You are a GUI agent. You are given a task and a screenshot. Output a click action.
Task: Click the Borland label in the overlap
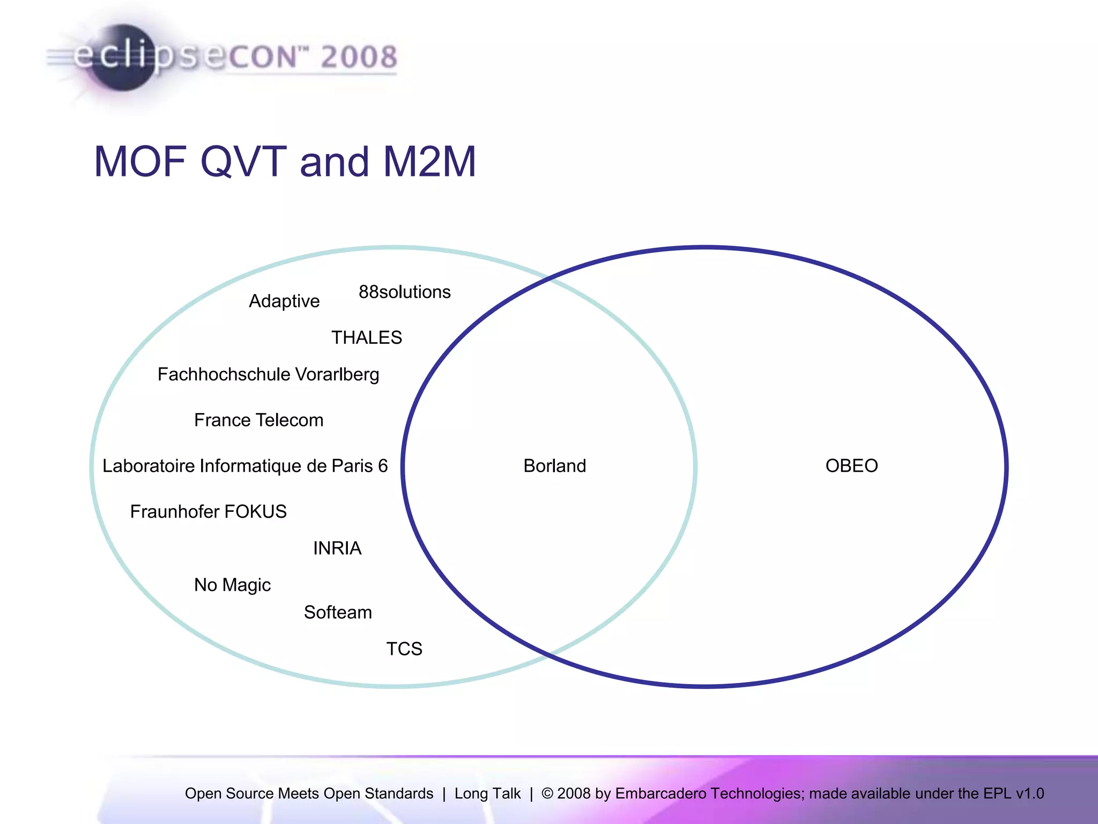tap(554, 466)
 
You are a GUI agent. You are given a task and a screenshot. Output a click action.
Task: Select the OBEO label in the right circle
tap(851, 466)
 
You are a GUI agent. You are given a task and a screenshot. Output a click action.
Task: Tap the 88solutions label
tap(404, 292)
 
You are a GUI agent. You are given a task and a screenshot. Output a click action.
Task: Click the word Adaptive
tap(284, 301)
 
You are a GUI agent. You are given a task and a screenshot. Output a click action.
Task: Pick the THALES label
tap(366, 337)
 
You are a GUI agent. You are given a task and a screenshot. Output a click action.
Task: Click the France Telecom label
tap(258, 420)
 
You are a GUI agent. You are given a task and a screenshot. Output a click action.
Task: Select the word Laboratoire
tap(149, 466)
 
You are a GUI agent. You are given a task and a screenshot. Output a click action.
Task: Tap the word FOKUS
tap(255, 511)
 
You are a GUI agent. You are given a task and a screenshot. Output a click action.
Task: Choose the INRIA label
tap(337, 548)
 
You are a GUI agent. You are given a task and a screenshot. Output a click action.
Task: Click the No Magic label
tap(232, 585)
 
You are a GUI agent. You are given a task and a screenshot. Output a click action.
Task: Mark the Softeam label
tap(338, 612)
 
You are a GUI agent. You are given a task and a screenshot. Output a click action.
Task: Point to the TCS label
tap(404, 649)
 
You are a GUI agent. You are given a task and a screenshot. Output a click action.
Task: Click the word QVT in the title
tap(243, 161)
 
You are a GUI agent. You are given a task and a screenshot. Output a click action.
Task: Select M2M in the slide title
tap(429, 161)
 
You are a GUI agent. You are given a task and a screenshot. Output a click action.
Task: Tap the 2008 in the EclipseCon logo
tap(359, 57)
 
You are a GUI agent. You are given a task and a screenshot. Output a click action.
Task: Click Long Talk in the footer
tap(487, 793)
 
